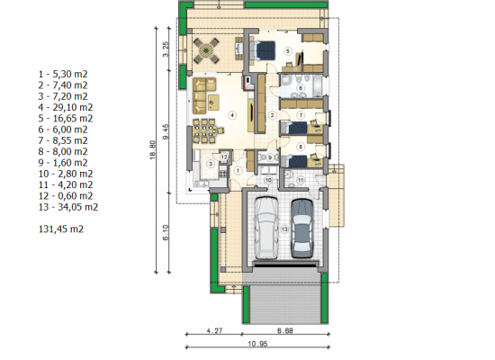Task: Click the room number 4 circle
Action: coord(232,115)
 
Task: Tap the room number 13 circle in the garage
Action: coord(284,229)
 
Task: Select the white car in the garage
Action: coord(266,228)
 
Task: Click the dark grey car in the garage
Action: coord(302,228)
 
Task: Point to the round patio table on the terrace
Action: coord(206,50)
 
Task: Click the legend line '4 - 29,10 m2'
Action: coord(66,107)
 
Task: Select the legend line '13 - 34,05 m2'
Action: coord(68,207)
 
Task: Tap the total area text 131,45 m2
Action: coord(61,229)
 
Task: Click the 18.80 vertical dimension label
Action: coord(152,149)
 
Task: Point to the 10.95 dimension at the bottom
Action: coord(257,344)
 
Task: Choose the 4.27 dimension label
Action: coord(214,330)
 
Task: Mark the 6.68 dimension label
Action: coord(285,330)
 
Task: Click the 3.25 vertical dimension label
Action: coord(166,49)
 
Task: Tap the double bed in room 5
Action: coord(262,50)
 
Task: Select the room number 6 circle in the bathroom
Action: coord(301,88)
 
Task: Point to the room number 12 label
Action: coord(224,157)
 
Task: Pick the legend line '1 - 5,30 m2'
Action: coord(63,74)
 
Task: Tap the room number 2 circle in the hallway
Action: coord(272,115)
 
